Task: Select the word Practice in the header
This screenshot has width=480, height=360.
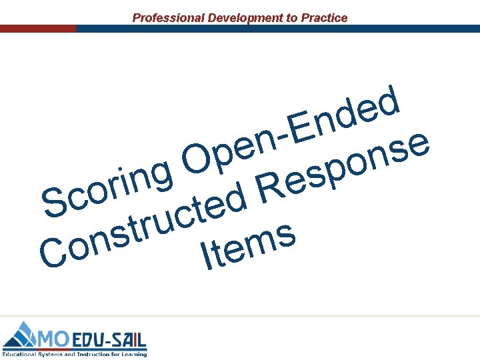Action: pyautogui.click(x=325, y=18)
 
